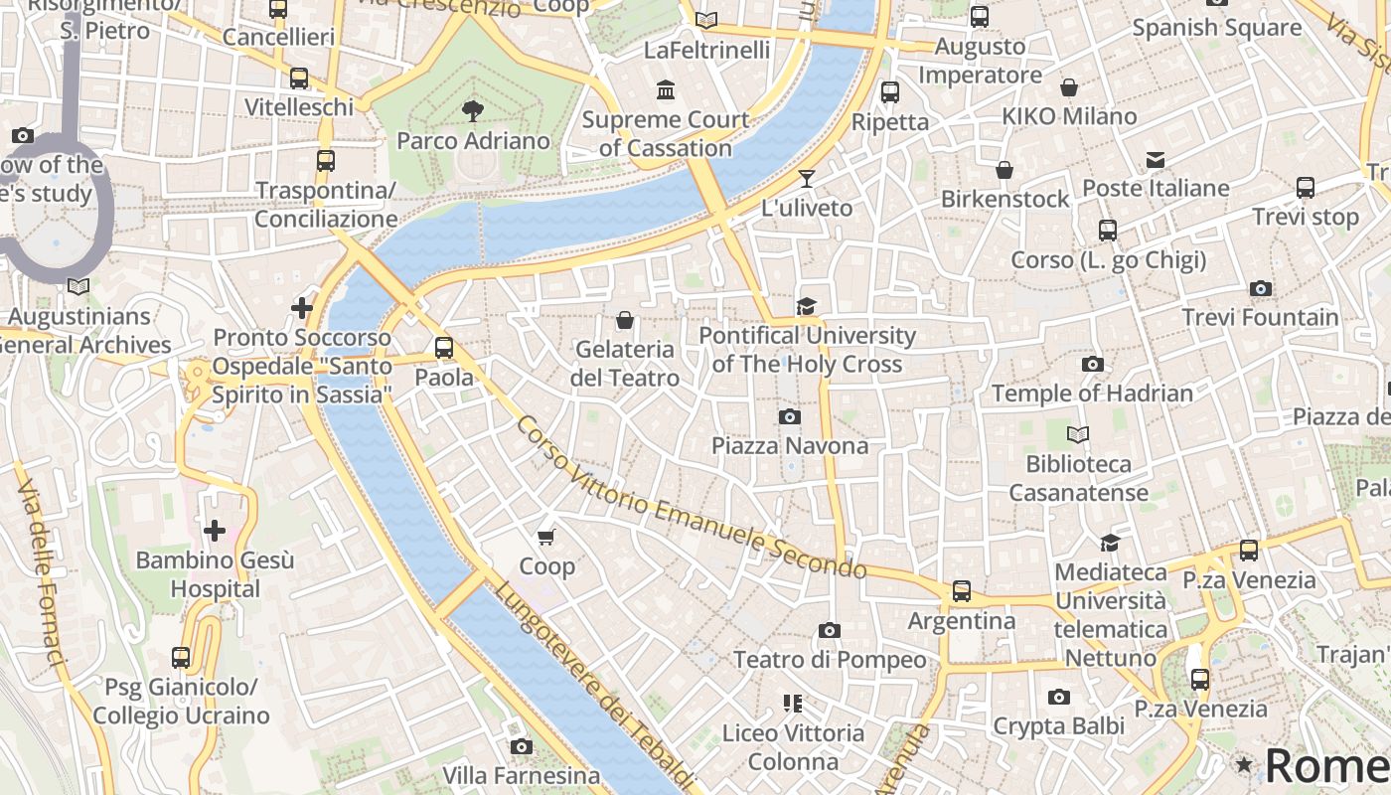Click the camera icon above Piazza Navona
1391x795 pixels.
pyautogui.click(x=790, y=416)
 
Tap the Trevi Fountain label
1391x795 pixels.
pyautogui.click(x=1260, y=318)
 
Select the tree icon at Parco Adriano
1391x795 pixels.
pyautogui.click(x=473, y=110)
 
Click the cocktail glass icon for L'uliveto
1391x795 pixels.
pyautogui.click(x=807, y=179)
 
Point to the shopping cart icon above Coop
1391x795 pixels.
pyautogui.click(x=545, y=538)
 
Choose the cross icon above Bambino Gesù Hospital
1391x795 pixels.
pyautogui.click(x=214, y=531)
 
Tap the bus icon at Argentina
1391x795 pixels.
pyautogui.click(x=962, y=591)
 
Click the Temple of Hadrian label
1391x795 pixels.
pyautogui.click(x=1092, y=394)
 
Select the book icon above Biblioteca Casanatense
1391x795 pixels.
pyautogui.click(x=1078, y=434)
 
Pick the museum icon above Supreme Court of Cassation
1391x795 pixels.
pyautogui.click(x=666, y=91)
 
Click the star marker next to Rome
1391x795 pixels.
pyautogui.click(x=1243, y=764)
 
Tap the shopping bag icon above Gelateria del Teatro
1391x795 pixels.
pyautogui.click(x=625, y=320)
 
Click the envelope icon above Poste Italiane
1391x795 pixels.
pyautogui.click(x=1156, y=160)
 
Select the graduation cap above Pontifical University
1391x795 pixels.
pyautogui.click(x=806, y=306)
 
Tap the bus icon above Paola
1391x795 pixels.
pyautogui.click(x=444, y=348)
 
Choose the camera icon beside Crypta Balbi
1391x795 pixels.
pyautogui.click(x=1059, y=698)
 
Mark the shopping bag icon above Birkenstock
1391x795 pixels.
pyautogui.click(x=1005, y=170)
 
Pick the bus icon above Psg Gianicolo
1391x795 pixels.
pyautogui.click(x=181, y=657)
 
